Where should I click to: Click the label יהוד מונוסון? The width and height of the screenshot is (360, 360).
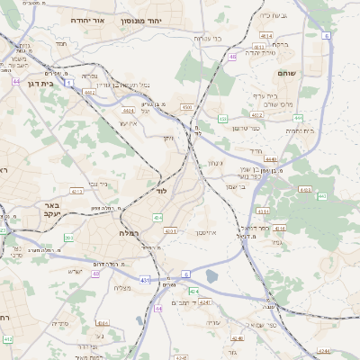(161, 19)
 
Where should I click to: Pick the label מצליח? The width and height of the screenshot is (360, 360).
(123, 287)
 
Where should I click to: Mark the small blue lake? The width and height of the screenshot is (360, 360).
(212, 275)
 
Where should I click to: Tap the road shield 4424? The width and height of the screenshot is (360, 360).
(129, 110)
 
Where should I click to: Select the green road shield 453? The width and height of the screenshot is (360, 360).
(221, 118)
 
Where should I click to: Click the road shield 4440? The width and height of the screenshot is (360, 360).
(272, 158)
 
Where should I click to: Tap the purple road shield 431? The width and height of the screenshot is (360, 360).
(145, 280)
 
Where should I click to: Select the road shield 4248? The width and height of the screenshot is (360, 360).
(238, 338)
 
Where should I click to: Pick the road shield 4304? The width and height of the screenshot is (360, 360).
(186, 107)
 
